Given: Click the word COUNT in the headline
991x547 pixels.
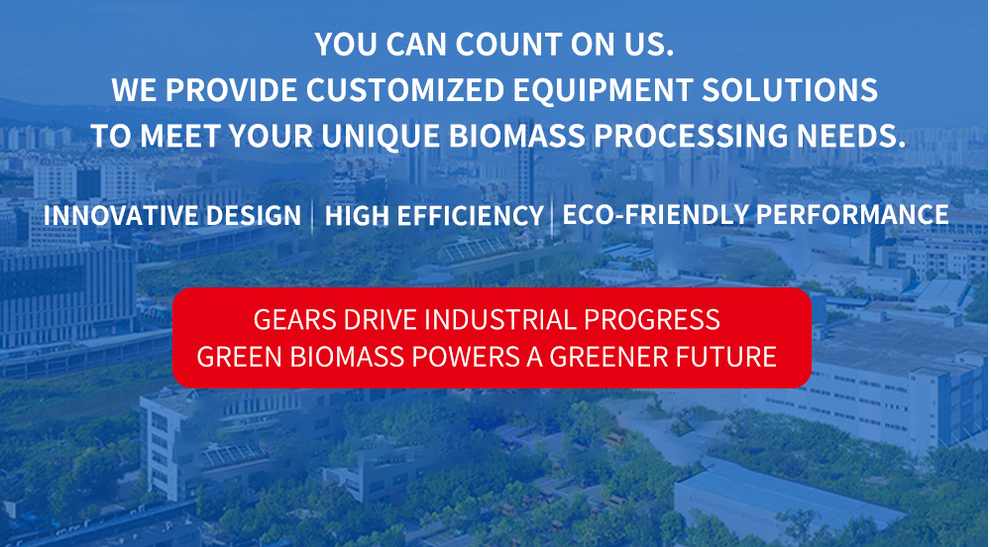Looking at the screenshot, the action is pyautogui.click(x=508, y=45).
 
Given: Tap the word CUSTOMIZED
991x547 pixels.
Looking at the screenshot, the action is pyautogui.click(x=405, y=90).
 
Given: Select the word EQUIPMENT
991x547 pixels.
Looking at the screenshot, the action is pyautogui.click(x=603, y=90).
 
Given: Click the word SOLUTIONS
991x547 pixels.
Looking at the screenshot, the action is pyautogui.click(x=790, y=90).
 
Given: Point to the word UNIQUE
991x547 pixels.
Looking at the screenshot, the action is pyautogui.click(x=381, y=136).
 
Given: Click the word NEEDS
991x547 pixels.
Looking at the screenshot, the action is pyautogui.click(x=851, y=136).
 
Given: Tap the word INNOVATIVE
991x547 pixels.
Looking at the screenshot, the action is pyautogui.click(x=120, y=216).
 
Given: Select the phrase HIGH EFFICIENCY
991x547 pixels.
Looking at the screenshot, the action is pyautogui.click(x=434, y=216).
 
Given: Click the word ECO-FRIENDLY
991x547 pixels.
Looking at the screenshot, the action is pyautogui.click(x=655, y=215).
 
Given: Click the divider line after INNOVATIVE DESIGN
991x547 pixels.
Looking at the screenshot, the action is pyautogui.click(x=313, y=216).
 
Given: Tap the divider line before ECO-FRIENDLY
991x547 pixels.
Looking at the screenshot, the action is pyautogui.click(x=552, y=216).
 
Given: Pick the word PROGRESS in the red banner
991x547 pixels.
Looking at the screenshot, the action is pyautogui.click(x=652, y=320).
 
